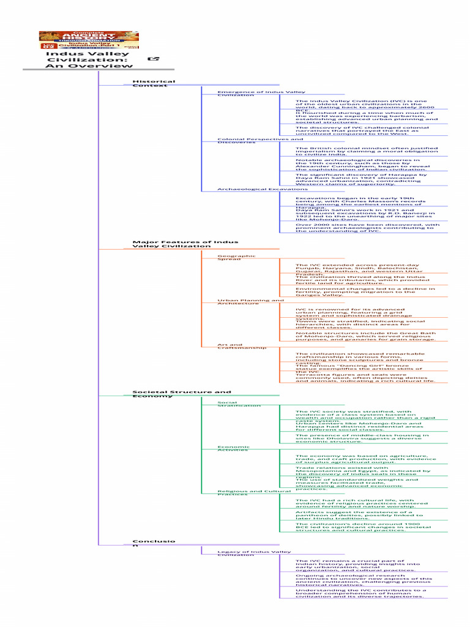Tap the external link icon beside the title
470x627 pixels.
tap(154, 59)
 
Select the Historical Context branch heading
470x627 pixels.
tap(154, 83)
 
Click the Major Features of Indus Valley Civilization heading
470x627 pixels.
tap(185, 244)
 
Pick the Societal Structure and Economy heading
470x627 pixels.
tap(182, 394)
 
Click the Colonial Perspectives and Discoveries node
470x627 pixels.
tap(252, 141)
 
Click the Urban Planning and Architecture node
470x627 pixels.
tap(250, 301)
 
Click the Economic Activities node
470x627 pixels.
tap(233, 448)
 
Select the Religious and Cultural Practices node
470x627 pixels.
tap(254, 492)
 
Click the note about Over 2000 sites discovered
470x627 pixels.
tap(367, 227)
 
